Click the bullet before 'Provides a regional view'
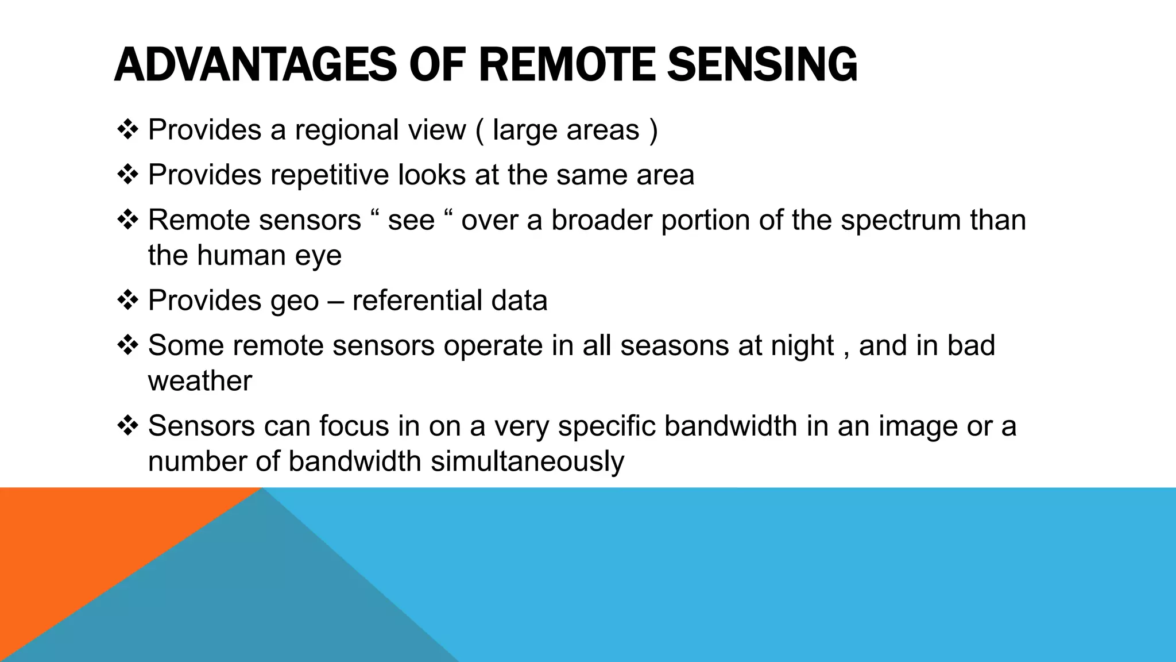127,129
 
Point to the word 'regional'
347,130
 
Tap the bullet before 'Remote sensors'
127,220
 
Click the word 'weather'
200,381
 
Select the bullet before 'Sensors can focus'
127,425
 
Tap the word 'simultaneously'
527,462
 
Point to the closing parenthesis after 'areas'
653,130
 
